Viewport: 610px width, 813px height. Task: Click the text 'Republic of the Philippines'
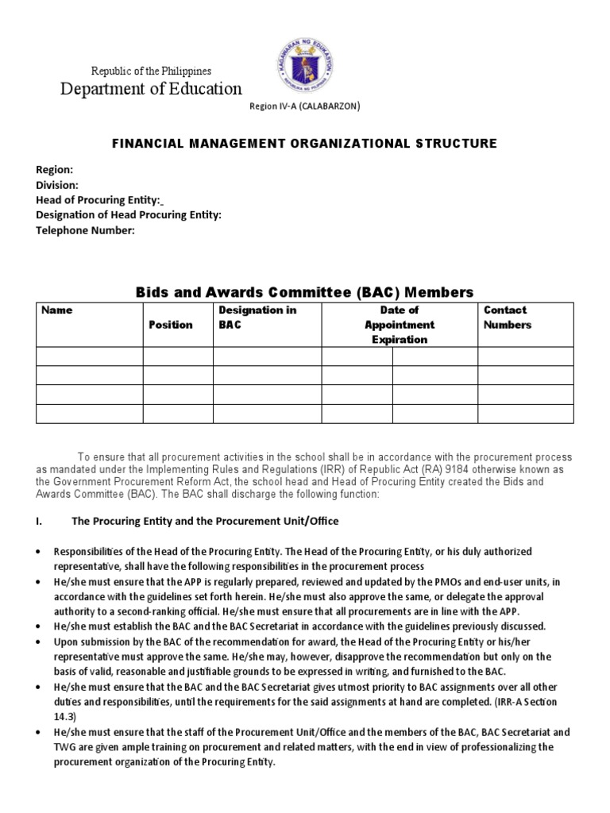click(x=152, y=71)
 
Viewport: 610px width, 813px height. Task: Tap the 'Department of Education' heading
click(x=152, y=89)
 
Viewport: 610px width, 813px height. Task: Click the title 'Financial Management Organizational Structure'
click(x=305, y=144)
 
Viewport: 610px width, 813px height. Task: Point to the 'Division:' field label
click(x=57, y=185)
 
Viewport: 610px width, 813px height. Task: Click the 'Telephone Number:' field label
click(x=86, y=230)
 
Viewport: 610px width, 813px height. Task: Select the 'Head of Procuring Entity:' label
click(x=99, y=200)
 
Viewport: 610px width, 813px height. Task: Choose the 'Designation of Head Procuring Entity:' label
click(x=129, y=215)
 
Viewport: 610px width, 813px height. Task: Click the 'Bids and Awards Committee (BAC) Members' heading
click(x=304, y=292)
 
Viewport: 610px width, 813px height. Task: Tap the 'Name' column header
click(x=56, y=310)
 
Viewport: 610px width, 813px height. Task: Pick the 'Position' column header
click(x=171, y=325)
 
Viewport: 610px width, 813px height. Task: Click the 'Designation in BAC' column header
click(x=246, y=318)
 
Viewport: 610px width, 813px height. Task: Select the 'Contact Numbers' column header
click(x=508, y=318)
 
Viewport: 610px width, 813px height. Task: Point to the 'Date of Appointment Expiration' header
click(x=400, y=325)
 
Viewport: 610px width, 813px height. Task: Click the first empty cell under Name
click(x=90, y=356)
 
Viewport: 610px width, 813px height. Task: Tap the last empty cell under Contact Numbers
click(x=525, y=414)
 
